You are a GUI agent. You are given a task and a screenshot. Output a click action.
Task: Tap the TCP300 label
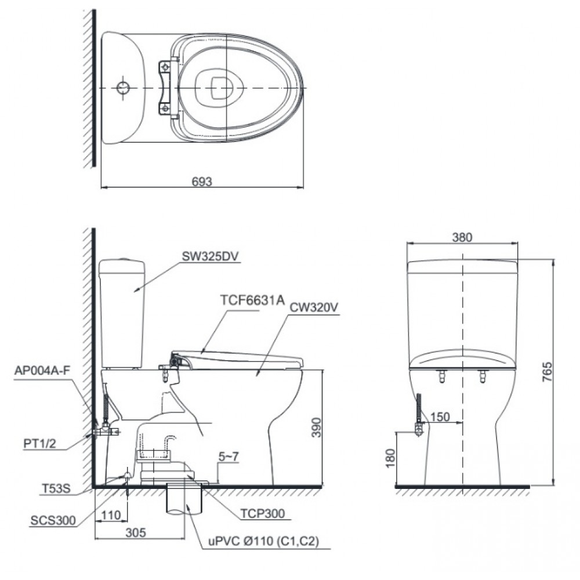pos(263,512)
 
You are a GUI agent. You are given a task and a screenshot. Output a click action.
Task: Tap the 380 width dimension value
pos(463,237)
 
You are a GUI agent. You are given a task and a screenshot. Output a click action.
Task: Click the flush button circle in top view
pos(124,87)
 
